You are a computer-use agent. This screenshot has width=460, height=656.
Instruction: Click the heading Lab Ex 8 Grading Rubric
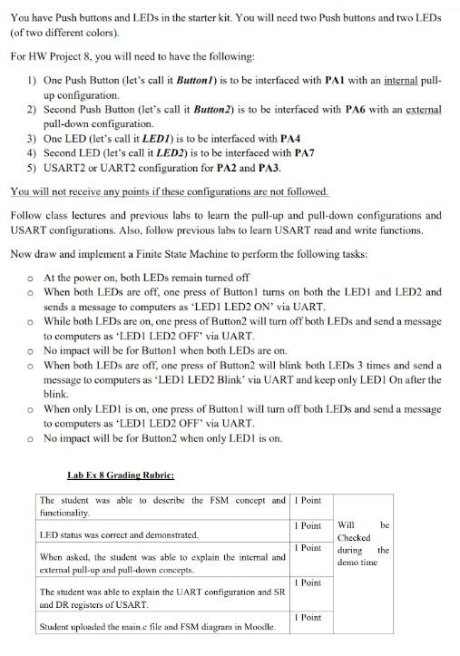(x=121, y=475)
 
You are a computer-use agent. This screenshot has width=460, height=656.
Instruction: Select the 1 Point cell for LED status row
(x=309, y=526)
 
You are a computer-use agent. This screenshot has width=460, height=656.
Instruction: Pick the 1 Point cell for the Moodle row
(x=309, y=617)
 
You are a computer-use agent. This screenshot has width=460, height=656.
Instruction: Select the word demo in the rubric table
(x=347, y=563)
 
